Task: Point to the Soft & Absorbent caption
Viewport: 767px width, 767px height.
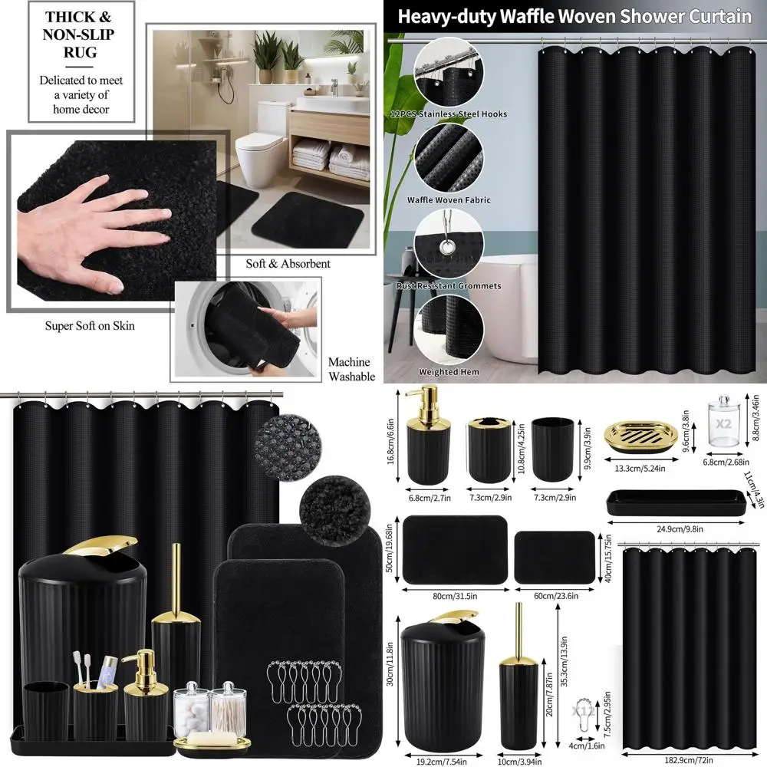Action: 288,264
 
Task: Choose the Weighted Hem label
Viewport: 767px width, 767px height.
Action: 449,372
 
